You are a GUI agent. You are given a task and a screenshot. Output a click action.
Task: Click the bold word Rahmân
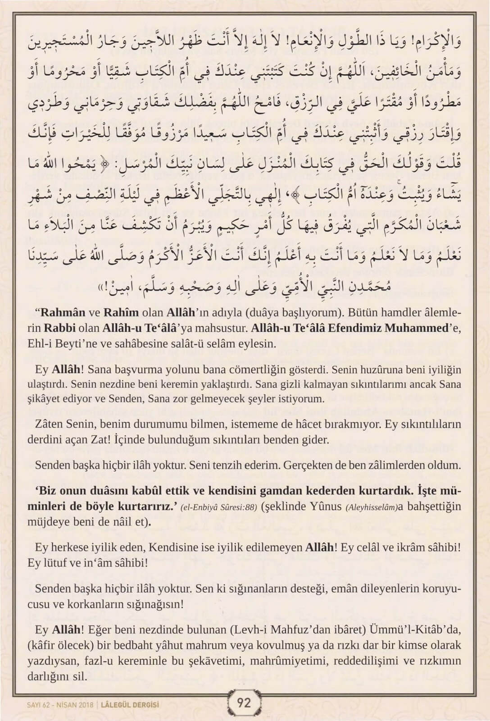(x=62, y=313)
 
